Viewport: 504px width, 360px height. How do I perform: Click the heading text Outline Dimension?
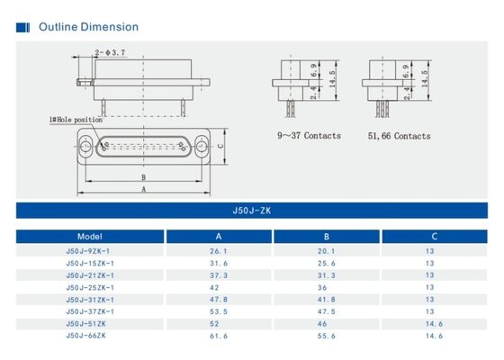coord(88,27)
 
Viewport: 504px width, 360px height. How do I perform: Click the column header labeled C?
coord(428,237)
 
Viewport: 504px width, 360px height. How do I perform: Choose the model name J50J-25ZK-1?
coord(90,287)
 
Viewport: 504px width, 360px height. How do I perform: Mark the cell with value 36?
coord(327,287)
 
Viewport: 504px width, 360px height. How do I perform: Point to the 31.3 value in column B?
coord(327,274)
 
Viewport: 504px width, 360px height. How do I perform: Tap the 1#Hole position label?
coord(76,120)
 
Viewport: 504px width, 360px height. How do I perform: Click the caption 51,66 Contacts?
coord(400,136)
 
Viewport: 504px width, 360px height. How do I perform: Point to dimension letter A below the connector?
coord(145,191)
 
